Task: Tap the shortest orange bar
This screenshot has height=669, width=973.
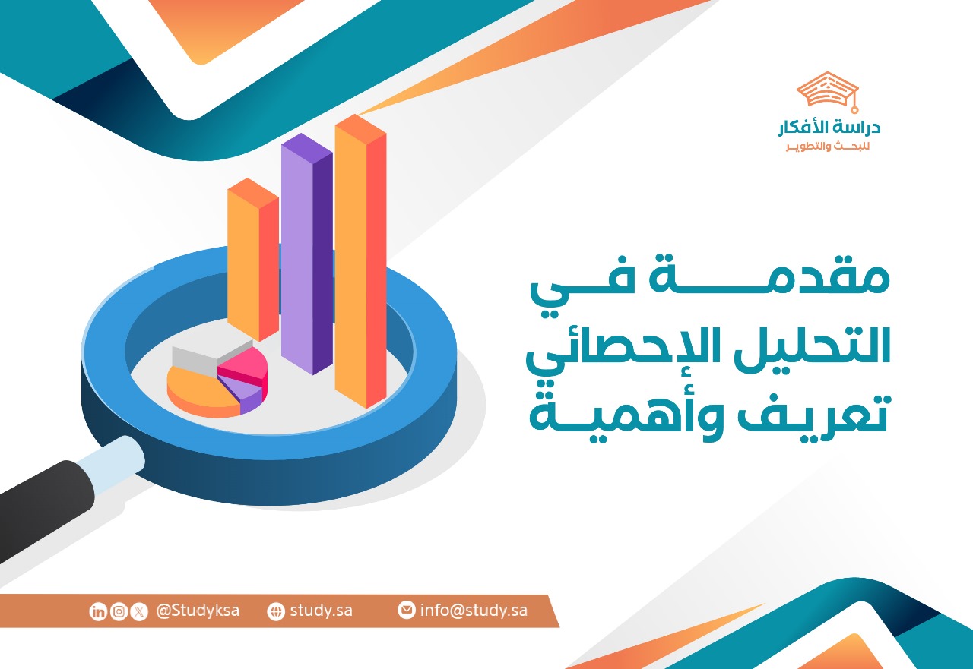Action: pyautogui.click(x=252, y=262)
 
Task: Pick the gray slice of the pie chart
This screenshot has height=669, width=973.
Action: pyautogui.click(x=196, y=357)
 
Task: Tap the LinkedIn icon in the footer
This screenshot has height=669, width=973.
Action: pyautogui.click(x=98, y=612)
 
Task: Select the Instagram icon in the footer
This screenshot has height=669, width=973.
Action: pyautogui.click(x=119, y=612)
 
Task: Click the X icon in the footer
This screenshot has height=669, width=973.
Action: pyautogui.click(x=139, y=612)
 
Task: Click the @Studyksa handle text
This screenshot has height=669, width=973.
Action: pyautogui.click(x=198, y=611)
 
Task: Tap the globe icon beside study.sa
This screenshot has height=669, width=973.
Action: pyautogui.click(x=276, y=612)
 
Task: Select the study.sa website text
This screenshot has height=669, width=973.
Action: pyautogui.click(x=321, y=611)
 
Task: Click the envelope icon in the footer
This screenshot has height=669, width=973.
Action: pyautogui.click(x=407, y=610)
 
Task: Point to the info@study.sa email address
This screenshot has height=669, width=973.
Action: pyautogui.click(x=474, y=611)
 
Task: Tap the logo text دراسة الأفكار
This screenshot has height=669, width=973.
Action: pyautogui.click(x=829, y=128)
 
